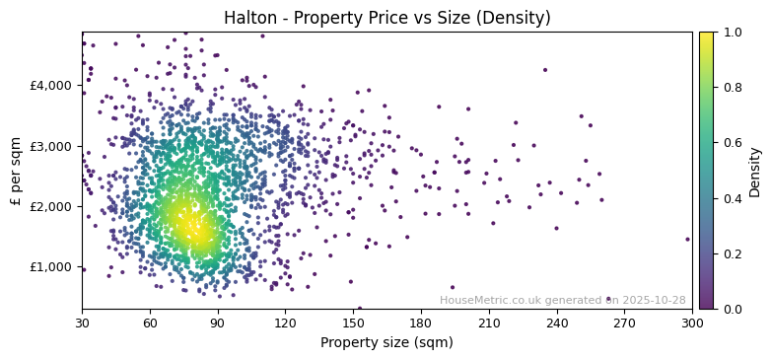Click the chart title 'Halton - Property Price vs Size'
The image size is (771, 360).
(x=385, y=18)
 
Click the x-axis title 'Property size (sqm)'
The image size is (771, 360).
(x=386, y=343)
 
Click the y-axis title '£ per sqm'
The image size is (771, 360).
(x=16, y=170)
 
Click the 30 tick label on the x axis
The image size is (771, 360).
(x=82, y=323)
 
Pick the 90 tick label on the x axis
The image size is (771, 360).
(x=218, y=323)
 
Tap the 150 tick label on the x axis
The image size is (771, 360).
(x=353, y=323)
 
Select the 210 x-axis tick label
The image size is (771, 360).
(x=489, y=323)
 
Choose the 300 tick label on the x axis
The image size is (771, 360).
(x=692, y=323)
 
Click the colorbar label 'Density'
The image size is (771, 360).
(x=755, y=170)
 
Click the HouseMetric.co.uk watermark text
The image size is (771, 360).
(x=562, y=300)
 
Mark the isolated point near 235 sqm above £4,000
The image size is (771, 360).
(x=544, y=70)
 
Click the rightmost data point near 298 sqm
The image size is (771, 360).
(x=687, y=239)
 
